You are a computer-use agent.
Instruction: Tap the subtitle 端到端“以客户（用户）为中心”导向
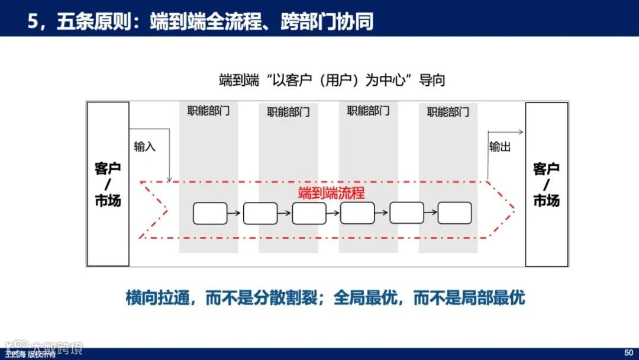coord(331,80)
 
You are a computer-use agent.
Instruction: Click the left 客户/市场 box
coord(108,184)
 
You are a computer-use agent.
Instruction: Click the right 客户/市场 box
coord(546,184)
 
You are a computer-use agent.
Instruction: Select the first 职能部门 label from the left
coord(208,111)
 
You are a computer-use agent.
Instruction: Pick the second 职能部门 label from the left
coord(288,112)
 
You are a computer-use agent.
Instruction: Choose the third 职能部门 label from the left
coord(368,111)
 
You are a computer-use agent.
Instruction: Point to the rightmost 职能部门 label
coord(448,112)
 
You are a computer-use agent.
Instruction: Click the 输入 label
coord(145,147)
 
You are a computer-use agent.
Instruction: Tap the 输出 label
coord(500,147)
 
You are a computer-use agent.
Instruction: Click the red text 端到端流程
coord(331,193)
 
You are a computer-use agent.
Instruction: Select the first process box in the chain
coord(210,213)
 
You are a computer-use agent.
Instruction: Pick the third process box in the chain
coord(308,213)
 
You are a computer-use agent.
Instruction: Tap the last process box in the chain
coord(454,213)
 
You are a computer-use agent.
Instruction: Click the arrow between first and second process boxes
coord(235,213)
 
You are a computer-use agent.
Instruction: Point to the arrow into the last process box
coord(431,213)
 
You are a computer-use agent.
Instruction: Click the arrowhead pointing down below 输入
coord(170,179)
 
